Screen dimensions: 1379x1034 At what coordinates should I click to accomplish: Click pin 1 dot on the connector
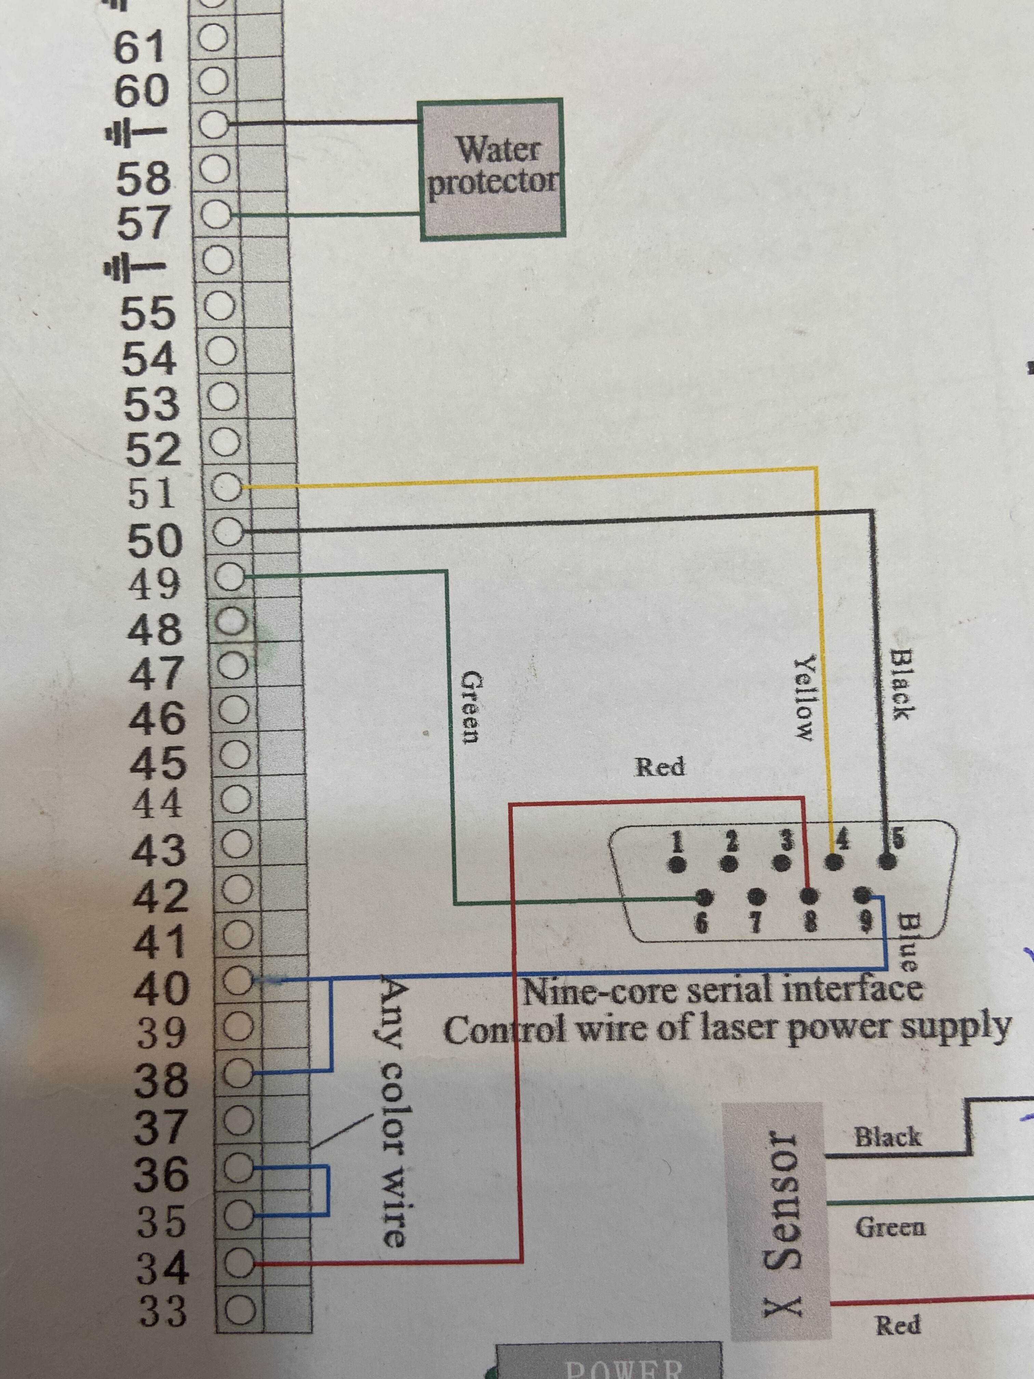click(677, 864)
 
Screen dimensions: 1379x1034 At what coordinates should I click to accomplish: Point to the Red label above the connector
click(660, 766)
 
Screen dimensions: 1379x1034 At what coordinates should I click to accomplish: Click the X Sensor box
click(776, 1218)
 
